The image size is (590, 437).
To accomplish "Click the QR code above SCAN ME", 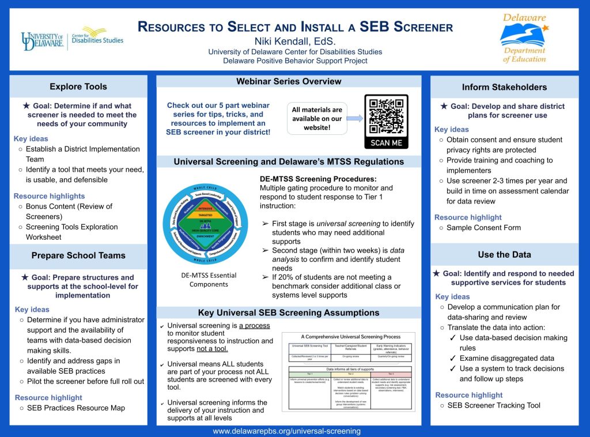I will [x=386, y=116].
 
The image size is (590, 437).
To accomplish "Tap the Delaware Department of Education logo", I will [x=524, y=39].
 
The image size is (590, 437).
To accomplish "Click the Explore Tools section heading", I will [x=78, y=86].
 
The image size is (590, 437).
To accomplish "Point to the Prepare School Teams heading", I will [x=78, y=255].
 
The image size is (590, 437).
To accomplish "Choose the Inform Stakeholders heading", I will [x=504, y=87].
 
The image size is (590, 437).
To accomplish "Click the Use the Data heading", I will [x=504, y=254].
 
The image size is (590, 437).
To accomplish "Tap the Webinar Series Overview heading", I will [x=289, y=82].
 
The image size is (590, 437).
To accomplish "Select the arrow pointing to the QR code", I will [x=354, y=119].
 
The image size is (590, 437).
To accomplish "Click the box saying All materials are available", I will [x=316, y=118].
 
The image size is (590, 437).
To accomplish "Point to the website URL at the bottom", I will [x=286, y=431].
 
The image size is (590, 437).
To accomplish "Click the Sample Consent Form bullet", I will [x=483, y=228].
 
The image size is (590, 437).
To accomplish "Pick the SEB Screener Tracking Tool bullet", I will [x=494, y=405].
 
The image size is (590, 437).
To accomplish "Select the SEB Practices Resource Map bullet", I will [x=75, y=408].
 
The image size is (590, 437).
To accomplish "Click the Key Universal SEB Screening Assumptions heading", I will [x=289, y=313].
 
